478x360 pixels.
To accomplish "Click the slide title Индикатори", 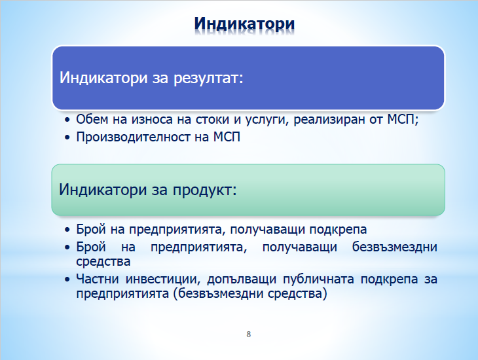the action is (244, 24).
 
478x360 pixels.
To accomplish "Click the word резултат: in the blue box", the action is (208, 78).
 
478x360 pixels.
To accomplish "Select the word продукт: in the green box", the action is (205, 190).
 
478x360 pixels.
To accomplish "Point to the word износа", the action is (152, 120).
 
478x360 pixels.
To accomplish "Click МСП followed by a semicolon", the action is (403, 120).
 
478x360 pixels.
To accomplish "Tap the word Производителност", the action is (133, 137).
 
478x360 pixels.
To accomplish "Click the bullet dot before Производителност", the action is (67, 137).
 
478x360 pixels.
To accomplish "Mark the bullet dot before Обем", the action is (67, 120).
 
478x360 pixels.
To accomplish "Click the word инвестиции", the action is (164, 279).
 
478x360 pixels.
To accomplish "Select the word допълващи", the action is (242, 279).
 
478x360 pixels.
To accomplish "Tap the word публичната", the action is (319, 279).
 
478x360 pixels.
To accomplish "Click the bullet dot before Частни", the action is (67, 279).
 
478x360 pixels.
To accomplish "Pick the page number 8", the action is (248, 334).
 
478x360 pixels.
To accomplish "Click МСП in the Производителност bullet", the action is (227, 137).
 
